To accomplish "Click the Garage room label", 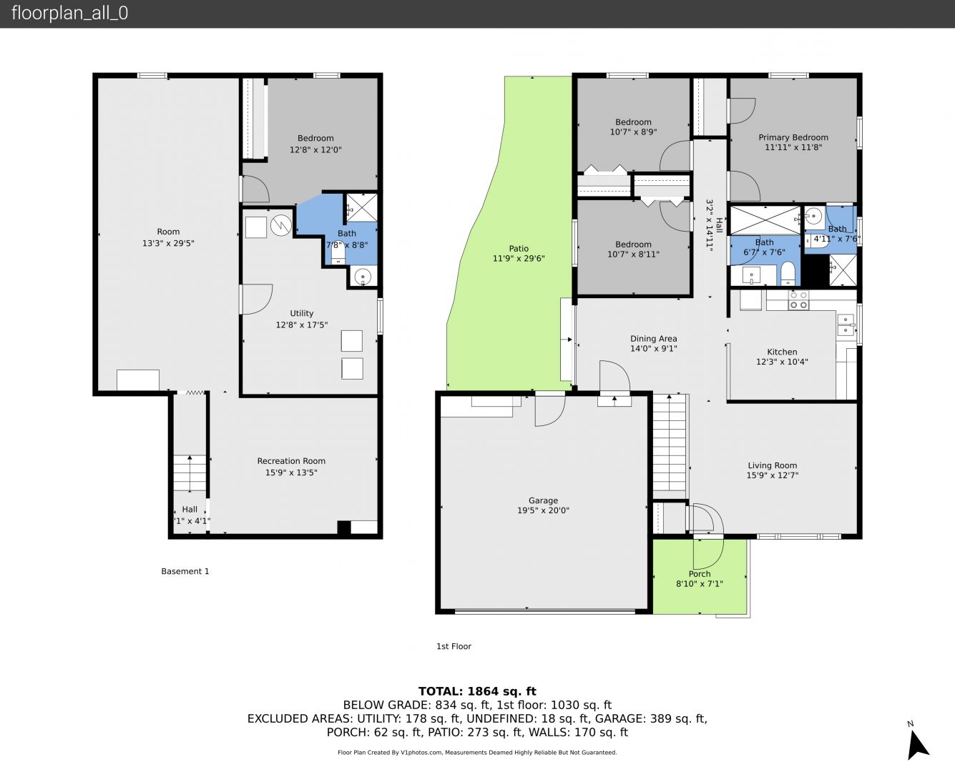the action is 543,500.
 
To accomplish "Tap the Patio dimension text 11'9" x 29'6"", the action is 519,258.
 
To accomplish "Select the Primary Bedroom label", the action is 793,137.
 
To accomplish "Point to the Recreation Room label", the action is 291,460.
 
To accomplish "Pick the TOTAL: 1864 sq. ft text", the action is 477,691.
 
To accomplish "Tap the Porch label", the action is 700,574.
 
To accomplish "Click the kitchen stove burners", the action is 798,300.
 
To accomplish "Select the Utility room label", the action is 301,313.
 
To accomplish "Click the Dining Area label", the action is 653,339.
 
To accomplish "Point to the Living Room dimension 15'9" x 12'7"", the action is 772,475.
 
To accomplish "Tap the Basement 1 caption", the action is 185,571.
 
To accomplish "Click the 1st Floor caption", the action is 454,646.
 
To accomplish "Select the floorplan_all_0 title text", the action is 69,13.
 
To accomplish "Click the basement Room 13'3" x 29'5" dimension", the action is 168,243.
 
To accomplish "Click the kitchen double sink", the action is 846,325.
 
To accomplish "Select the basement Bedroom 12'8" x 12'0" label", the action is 315,144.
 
